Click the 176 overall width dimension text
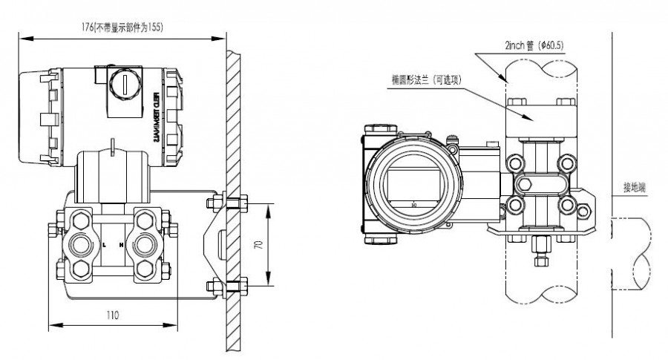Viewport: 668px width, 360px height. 122,27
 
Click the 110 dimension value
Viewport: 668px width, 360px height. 112,315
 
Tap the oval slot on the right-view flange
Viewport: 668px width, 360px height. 525,183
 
